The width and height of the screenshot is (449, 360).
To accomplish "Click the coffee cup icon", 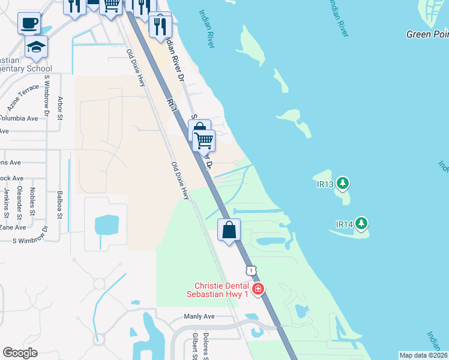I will click(29, 23).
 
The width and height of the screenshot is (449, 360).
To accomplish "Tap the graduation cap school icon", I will click(37, 46).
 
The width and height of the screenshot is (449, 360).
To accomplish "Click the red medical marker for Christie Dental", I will click(258, 289).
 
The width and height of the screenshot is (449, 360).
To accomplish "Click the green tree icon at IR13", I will click(343, 182).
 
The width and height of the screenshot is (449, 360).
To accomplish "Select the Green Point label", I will click(427, 34).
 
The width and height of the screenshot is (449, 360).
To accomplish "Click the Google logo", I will click(20, 353).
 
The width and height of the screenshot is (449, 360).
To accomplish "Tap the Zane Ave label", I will click(13, 227).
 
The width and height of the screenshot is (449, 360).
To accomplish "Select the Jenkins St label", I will click(7, 203).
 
